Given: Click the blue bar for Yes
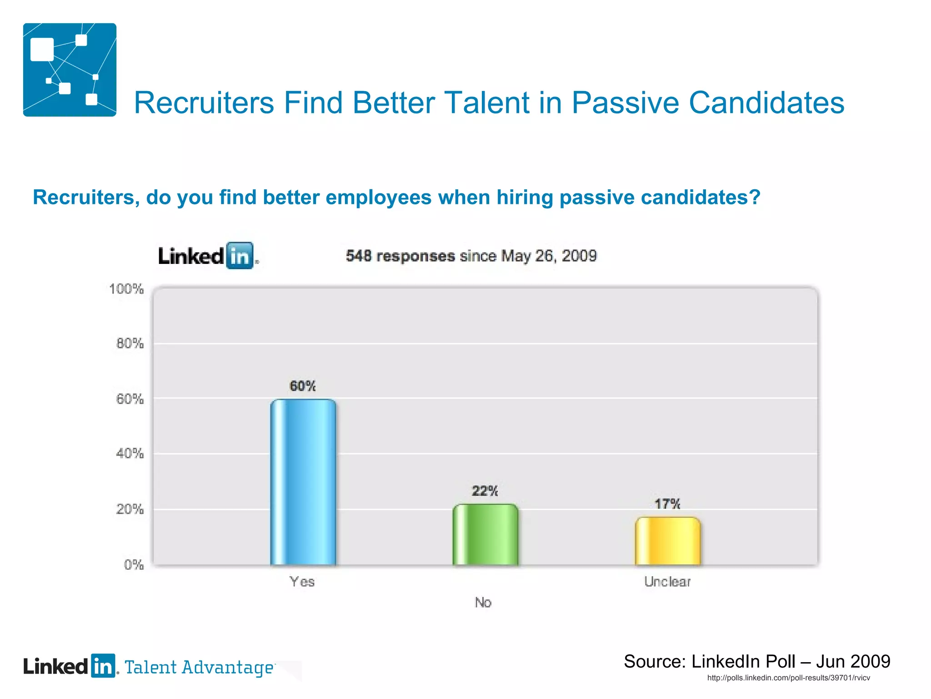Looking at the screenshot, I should coord(303,482).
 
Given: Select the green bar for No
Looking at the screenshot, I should coord(486,535).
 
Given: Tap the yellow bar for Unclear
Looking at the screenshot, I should coord(668,541).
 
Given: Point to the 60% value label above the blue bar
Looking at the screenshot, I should coord(303,386).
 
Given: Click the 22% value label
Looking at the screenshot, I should coord(485,491).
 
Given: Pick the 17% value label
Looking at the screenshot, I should coord(667,504).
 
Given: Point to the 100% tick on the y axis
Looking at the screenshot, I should coord(126,289).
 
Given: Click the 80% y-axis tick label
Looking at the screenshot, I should coord(130,344).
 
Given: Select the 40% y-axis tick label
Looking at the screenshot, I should coord(130,453).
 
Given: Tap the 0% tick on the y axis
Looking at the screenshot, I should coord(134,565).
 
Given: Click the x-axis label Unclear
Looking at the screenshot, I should coord(667,582).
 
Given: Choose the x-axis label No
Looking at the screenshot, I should coord(483,603).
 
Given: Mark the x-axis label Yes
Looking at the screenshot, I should coord(302,582).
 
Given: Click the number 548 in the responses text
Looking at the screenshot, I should coord(359,256).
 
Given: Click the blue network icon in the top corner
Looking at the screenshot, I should coord(70,70).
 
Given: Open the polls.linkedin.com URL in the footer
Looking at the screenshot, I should coord(789,678).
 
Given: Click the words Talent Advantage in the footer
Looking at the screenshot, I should coord(199,668).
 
